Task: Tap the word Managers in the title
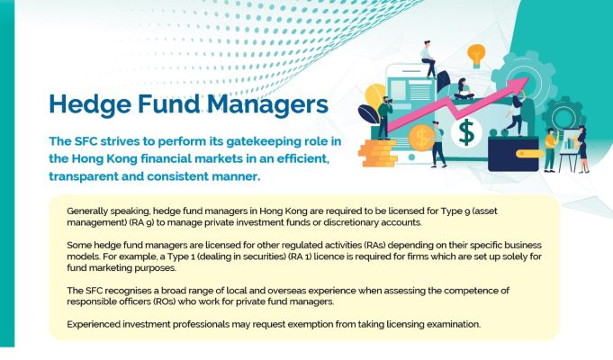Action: pos(267,104)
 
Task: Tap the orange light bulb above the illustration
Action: pos(476,56)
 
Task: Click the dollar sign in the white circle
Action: pos(466,131)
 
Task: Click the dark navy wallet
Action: pos(513,154)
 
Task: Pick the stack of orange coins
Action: pos(378,153)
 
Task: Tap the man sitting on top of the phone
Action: pos(428,59)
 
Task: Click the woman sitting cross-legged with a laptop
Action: pos(464,89)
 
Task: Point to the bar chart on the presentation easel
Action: pos(571,143)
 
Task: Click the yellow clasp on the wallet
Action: pos(529,154)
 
